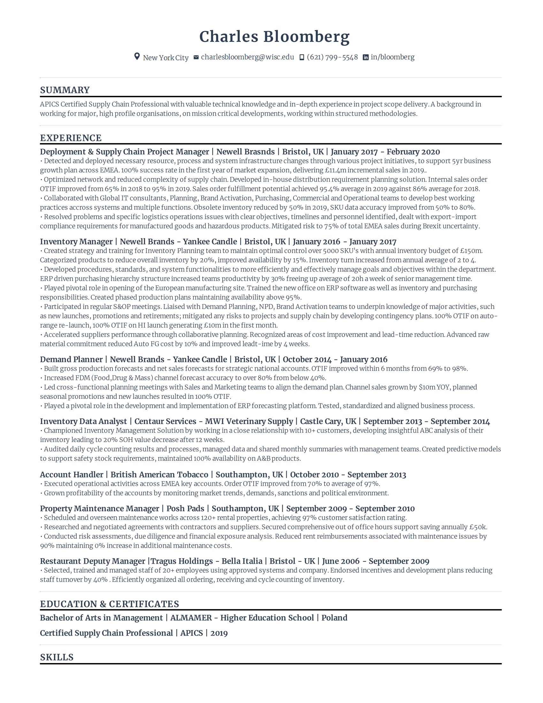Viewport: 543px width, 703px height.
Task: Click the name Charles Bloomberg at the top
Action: (274, 37)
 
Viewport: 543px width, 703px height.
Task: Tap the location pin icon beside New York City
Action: (137, 57)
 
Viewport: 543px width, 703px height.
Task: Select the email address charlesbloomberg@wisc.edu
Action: (247, 57)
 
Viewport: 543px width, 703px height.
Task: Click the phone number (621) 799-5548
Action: (332, 57)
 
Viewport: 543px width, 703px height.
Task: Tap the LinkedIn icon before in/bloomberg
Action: (365, 57)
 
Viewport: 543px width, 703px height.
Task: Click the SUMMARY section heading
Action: (65, 90)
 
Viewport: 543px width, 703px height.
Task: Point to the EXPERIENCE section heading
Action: (71, 138)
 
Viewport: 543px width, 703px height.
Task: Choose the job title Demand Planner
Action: (71, 359)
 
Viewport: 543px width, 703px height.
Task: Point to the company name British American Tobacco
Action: (159, 475)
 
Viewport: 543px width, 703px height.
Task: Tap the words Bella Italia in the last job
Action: (242, 561)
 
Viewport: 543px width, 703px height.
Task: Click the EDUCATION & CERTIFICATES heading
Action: (109, 604)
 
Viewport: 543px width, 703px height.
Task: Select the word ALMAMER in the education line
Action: (191, 618)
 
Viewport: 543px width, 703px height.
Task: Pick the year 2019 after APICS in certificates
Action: (219, 633)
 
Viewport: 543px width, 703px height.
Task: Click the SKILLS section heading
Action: (57, 657)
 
